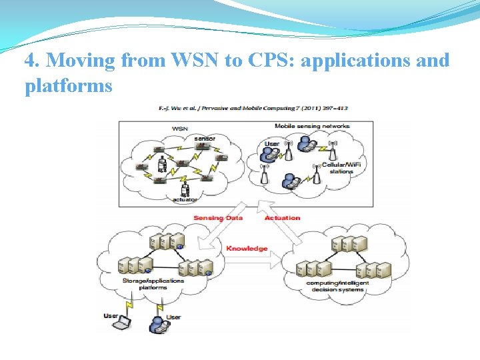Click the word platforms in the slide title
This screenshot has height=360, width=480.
click(68, 86)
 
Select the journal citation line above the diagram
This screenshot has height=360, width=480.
click(253, 108)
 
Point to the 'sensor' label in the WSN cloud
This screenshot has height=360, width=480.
click(205, 139)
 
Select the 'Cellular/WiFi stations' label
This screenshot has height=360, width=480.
click(337, 168)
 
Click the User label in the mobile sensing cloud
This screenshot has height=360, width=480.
click(273, 143)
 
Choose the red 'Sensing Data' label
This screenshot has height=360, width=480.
click(218, 217)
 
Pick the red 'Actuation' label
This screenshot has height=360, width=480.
click(282, 217)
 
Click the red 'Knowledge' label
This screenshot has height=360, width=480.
click(246, 248)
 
